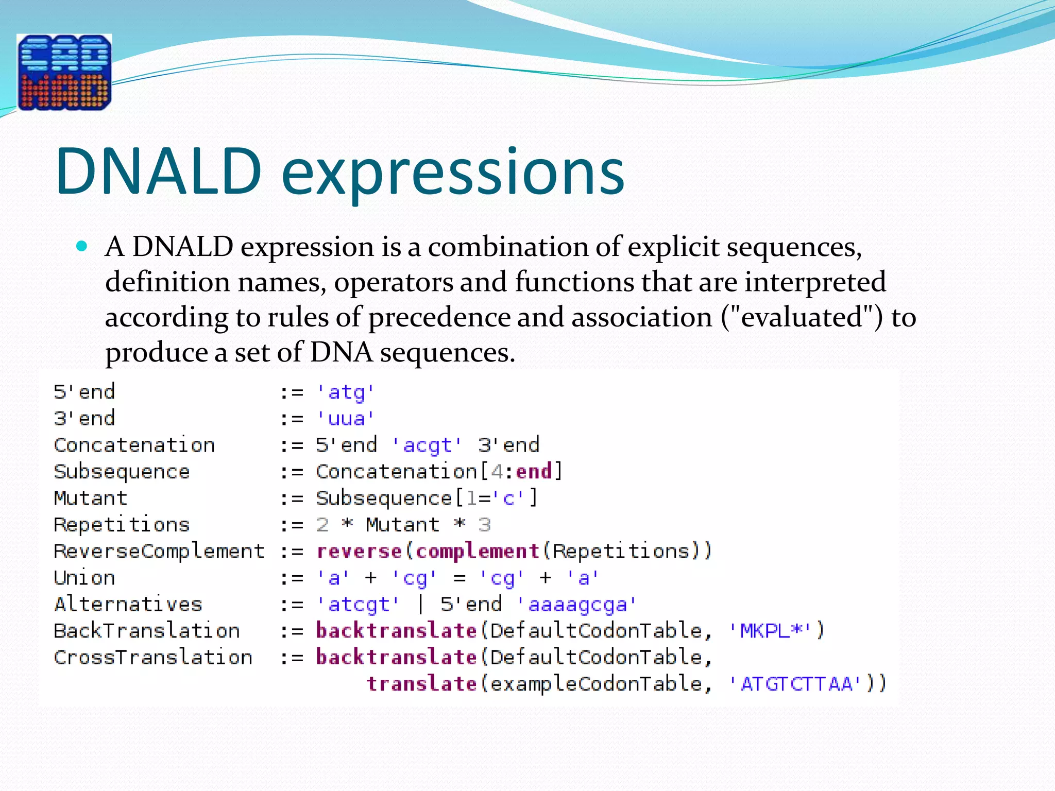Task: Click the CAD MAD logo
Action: (64, 72)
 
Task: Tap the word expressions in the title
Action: (453, 173)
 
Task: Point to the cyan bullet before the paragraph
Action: (82, 246)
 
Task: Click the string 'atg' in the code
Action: (345, 392)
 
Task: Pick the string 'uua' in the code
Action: (345, 419)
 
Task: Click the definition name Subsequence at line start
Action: (122, 472)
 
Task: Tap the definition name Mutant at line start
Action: (91, 498)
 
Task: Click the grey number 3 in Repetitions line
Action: (484, 525)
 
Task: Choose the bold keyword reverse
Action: (359, 551)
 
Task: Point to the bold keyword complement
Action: (477, 551)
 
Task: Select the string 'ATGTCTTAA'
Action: (796, 684)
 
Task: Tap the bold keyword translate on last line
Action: (421, 684)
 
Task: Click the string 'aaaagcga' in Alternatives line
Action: (577, 604)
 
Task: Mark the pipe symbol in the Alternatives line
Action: (420, 604)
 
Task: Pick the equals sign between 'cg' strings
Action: (460, 578)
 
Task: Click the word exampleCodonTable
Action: (595, 684)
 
